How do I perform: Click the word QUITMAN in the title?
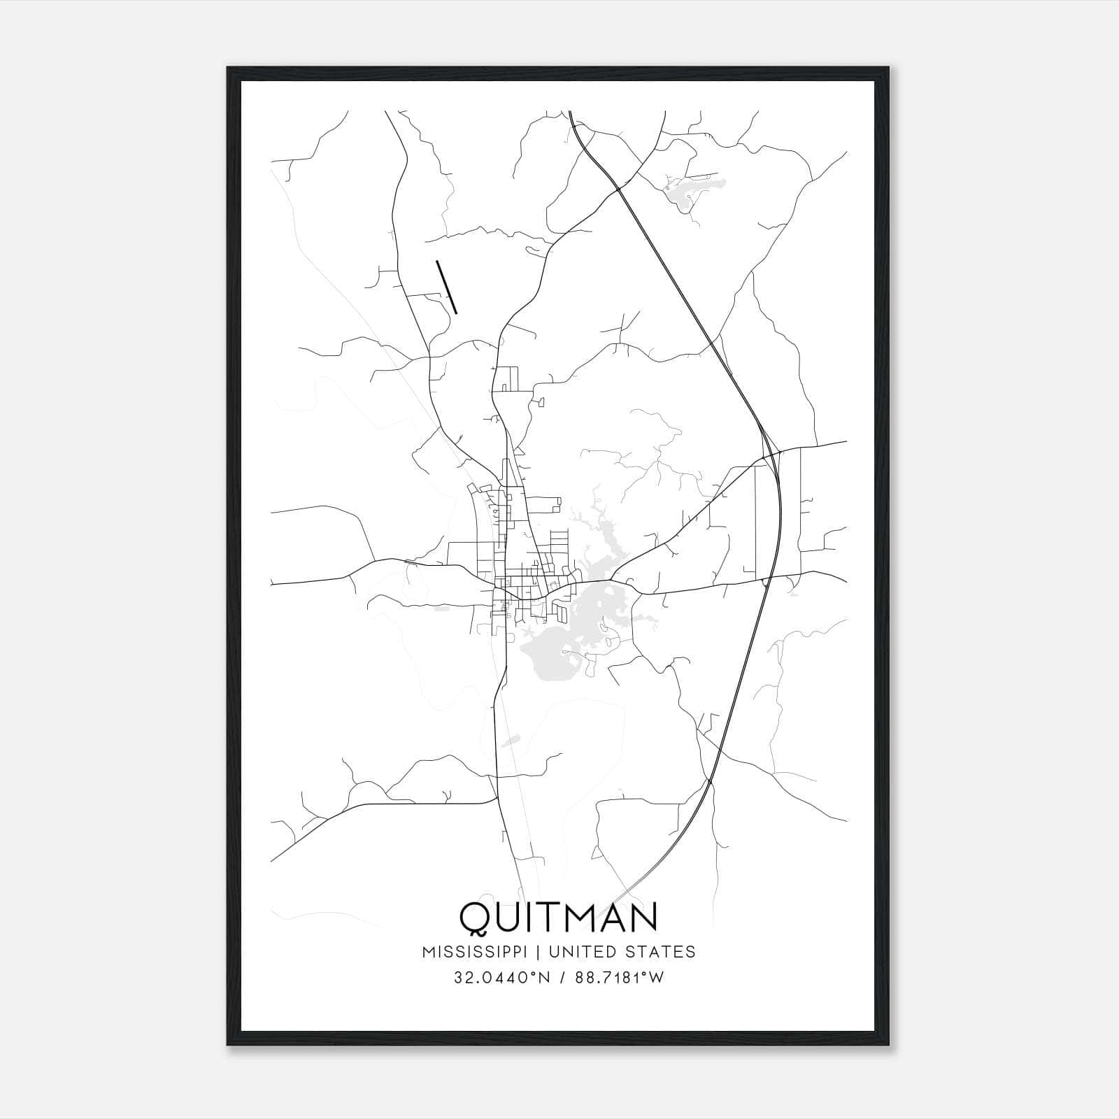tap(558, 917)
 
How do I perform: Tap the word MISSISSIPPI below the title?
tap(480, 952)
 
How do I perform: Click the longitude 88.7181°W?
tap(618, 977)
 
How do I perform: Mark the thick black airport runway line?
tap(446, 287)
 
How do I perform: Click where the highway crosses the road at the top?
tap(618, 187)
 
